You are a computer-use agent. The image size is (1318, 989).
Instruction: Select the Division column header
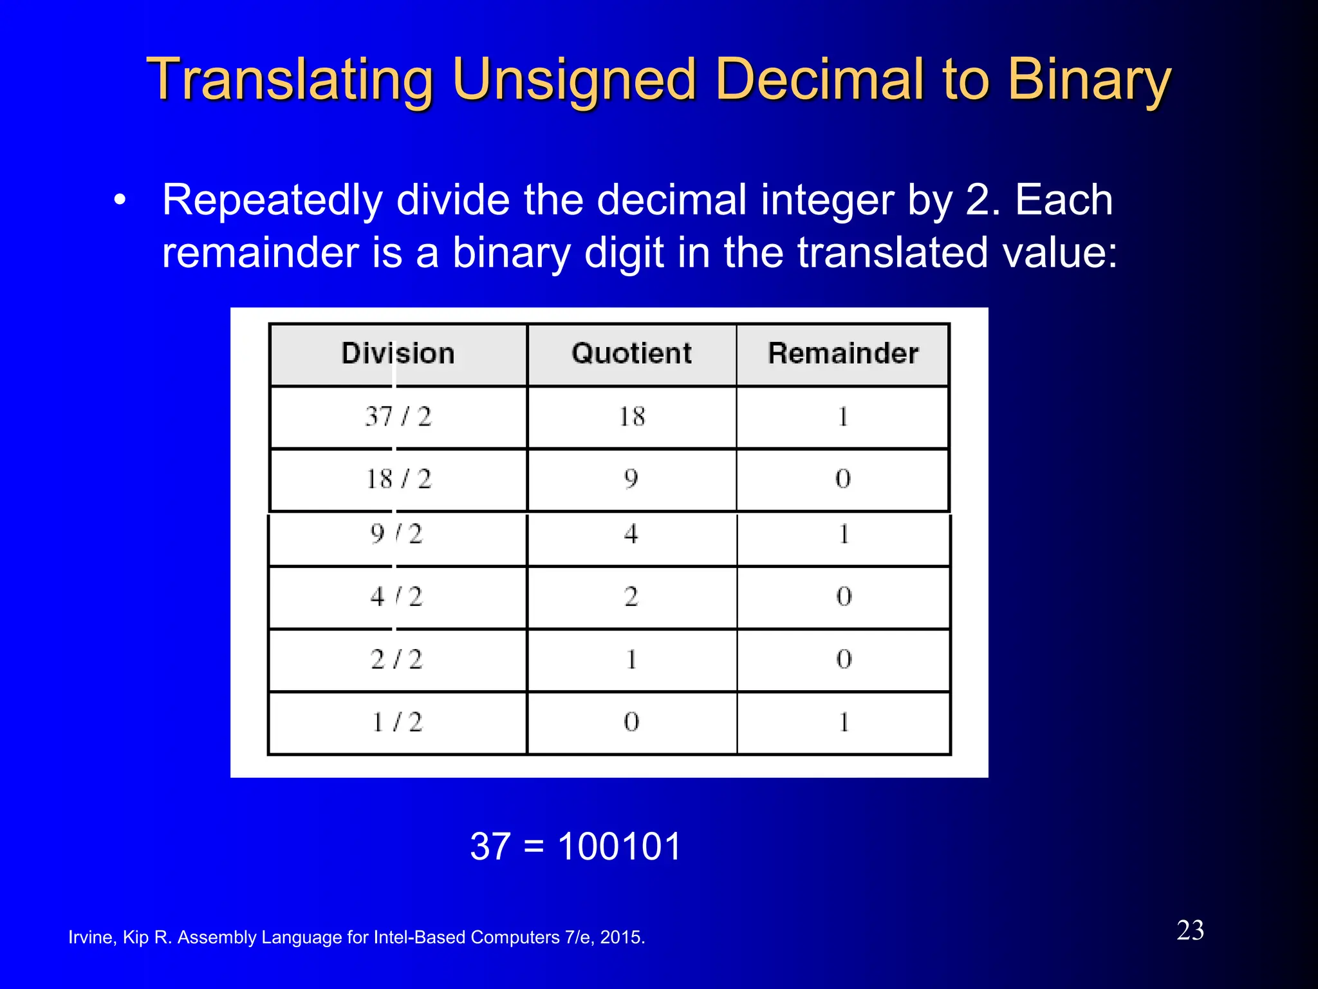pyautogui.click(x=398, y=353)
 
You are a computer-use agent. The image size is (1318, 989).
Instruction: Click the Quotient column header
pyautogui.click(x=631, y=353)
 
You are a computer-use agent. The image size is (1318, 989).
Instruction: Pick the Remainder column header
pyautogui.click(x=843, y=353)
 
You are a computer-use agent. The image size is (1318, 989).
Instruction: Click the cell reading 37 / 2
pyautogui.click(x=398, y=417)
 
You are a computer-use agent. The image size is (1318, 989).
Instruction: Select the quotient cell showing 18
pyautogui.click(x=631, y=417)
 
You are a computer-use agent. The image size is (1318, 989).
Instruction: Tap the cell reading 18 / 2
pyautogui.click(x=398, y=479)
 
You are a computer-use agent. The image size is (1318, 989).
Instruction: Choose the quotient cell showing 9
pyautogui.click(x=631, y=478)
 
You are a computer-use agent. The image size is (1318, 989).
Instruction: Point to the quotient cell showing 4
pyautogui.click(x=631, y=534)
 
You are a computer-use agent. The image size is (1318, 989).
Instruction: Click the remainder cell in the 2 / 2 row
pyautogui.click(x=844, y=659)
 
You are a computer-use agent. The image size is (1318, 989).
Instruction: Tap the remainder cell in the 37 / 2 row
pyautogui.click(x=843, y=417)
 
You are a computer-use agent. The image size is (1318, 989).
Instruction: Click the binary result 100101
pyautogui.click(x=619, y=846)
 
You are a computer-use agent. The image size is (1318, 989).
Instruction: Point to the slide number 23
pyautogui.click(x=1190, y=930)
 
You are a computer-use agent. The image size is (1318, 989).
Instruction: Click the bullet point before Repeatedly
pyautogui.click(x=119, y=200)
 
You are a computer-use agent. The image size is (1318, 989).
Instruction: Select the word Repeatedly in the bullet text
pyautogui.click(x=272, y=201)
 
